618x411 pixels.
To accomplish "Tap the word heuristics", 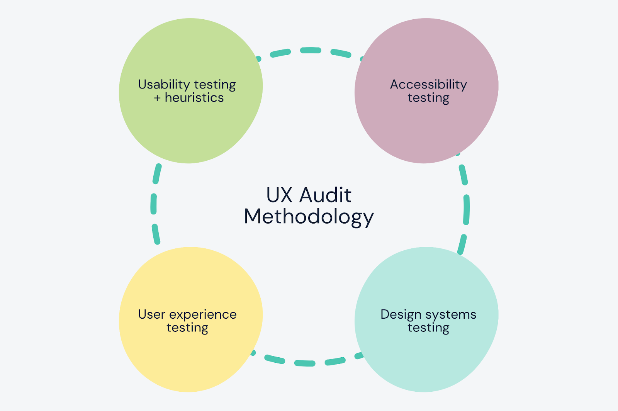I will pos(194,98).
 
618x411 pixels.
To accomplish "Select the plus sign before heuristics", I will pos(157,98).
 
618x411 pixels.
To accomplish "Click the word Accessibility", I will pos(428,85).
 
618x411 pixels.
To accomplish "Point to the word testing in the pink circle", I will pos(428,98).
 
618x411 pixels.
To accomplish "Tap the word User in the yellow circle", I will pos(151,314).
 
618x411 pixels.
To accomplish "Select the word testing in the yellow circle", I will pos(187,328).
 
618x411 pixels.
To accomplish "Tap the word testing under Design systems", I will pos(428,328).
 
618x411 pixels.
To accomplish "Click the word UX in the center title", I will pos(279,195).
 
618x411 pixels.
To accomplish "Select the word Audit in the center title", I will pos(326,195).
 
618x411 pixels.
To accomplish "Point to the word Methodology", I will pos(309,217).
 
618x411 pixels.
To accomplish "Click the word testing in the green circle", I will pos(215,85).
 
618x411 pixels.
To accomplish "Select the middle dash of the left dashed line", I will pos(153,204).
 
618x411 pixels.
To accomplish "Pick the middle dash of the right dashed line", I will pos(467,210).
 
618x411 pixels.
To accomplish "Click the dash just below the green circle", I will pos(157,174).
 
